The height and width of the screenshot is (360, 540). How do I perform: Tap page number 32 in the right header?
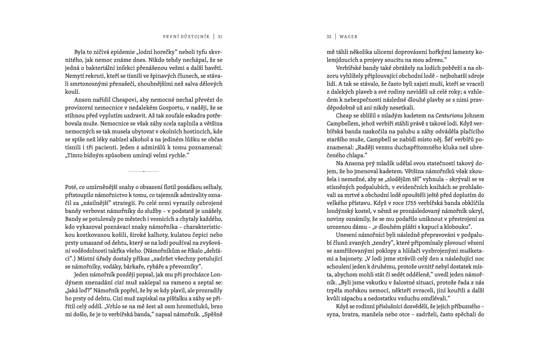click(329, 37)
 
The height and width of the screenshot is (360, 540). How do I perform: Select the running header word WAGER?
click(349, 37)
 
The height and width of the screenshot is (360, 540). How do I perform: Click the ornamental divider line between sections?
click(144, 171)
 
